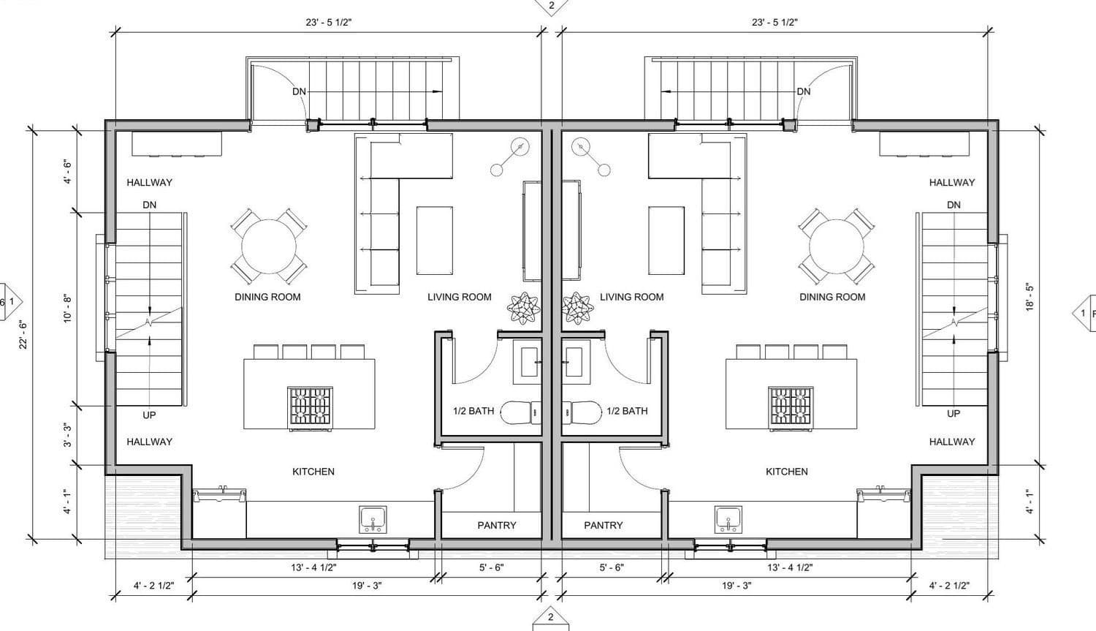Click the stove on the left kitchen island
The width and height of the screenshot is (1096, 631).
click(311, 406)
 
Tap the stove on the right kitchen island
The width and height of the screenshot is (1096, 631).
click(791, 406)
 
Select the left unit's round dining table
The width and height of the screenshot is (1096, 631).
click(269, 246)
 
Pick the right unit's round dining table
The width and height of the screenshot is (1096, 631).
click(836, 246)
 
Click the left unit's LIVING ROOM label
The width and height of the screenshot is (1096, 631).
click(460, 297)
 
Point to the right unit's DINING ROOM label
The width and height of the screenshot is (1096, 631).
click(832, 297)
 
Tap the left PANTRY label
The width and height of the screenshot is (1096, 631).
click(497, 525)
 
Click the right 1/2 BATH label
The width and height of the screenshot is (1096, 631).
click(627, 411)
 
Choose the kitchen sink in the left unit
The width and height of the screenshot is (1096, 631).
click(373, 519)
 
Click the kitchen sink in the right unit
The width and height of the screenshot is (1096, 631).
click(728, 519)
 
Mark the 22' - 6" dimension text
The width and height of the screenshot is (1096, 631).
click(23, 336)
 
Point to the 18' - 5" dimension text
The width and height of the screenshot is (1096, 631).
click(1030, 297)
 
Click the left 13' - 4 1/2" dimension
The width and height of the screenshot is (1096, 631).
click(313, 568)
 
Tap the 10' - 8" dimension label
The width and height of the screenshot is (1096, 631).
click(67, 309)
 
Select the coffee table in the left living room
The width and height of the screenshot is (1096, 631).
click(435, 241)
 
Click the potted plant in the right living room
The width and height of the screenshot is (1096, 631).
click(577, 309)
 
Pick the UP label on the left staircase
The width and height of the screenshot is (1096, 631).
click(149, 415)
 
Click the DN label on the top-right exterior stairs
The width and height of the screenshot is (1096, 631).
click(804, 91)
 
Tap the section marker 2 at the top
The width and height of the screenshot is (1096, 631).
click(552, 7)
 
